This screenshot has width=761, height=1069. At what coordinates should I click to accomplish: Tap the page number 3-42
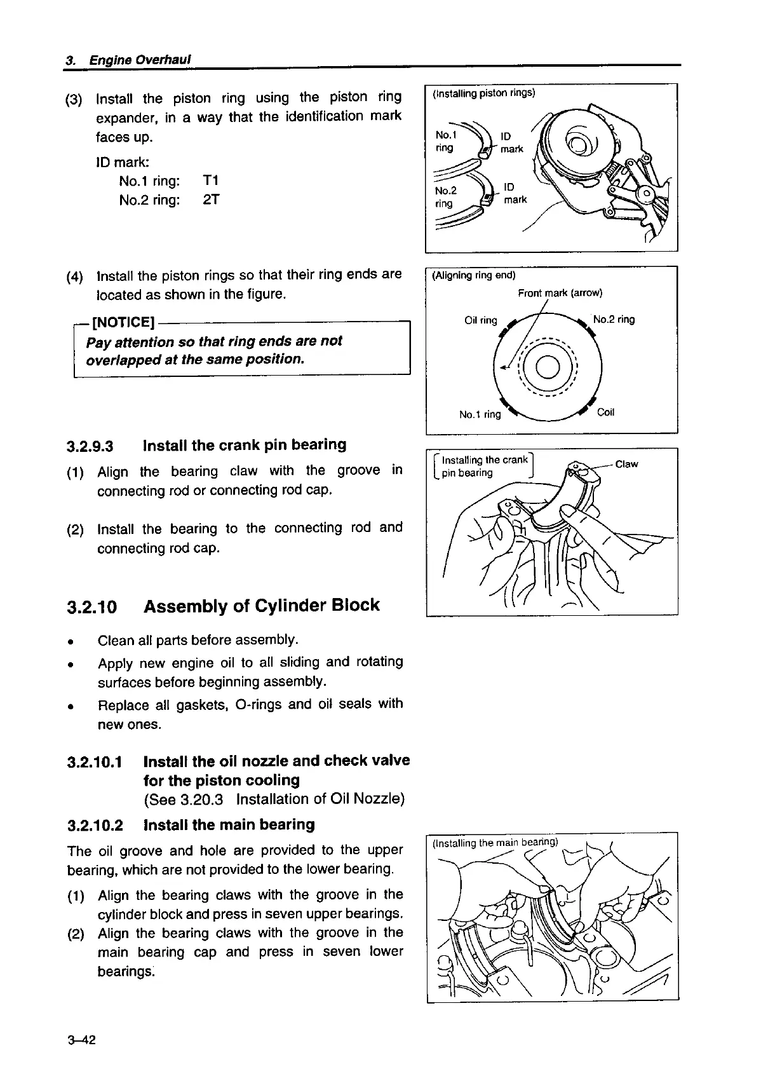(x=81, y=1040)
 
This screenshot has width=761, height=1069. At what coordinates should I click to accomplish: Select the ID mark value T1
(x=211, y=181)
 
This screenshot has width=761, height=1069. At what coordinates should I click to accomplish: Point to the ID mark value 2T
(x=211, y=200)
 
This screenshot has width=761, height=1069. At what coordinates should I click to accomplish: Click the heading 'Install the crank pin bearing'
(x=245, y=445)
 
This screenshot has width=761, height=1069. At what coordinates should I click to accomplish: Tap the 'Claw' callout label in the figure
(x=626, y=465)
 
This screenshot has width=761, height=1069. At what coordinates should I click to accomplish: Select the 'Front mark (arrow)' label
(x=560, y=293)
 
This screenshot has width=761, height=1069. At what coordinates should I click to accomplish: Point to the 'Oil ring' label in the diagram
(x=480, y=320)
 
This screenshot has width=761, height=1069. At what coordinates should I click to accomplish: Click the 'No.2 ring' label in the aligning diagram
(x=614, y=320)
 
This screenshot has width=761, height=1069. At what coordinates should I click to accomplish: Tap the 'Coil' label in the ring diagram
(x=606, y=412)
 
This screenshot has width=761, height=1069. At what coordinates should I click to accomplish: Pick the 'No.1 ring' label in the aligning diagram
(x=480, y=415)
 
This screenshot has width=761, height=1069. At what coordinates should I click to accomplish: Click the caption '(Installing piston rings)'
(x=483, y=93)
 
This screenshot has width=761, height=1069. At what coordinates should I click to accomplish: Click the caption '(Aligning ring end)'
(x=473, y=275)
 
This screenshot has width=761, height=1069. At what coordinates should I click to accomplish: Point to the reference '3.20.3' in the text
(x=205, y=799)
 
